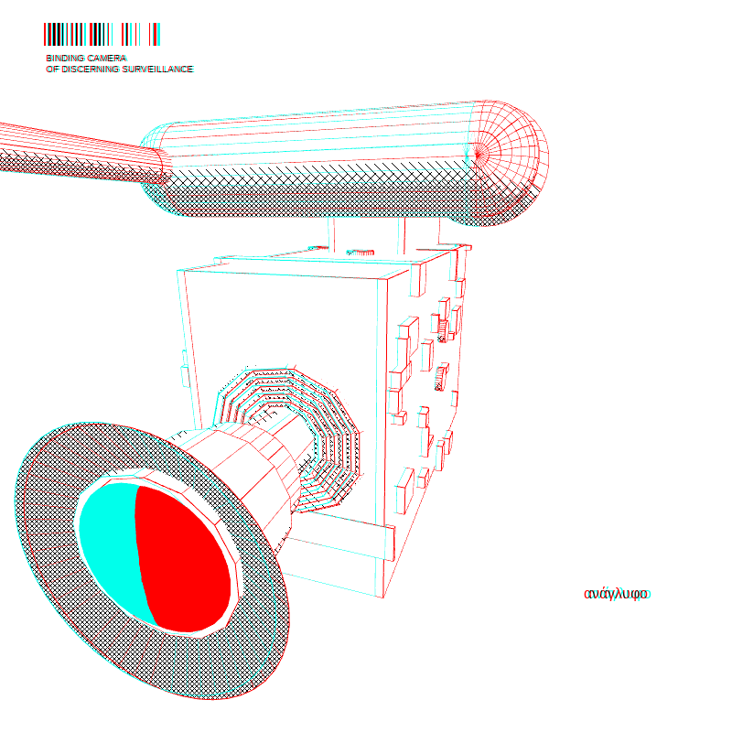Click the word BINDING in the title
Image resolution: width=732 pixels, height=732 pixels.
click(65, 58)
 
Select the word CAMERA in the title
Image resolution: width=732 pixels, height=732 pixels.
click(107, 58)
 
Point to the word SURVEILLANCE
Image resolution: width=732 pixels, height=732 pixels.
click(157, 70)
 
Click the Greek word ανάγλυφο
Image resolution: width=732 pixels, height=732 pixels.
click(617, 594)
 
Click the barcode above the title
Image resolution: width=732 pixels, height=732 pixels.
click(102, 34)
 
